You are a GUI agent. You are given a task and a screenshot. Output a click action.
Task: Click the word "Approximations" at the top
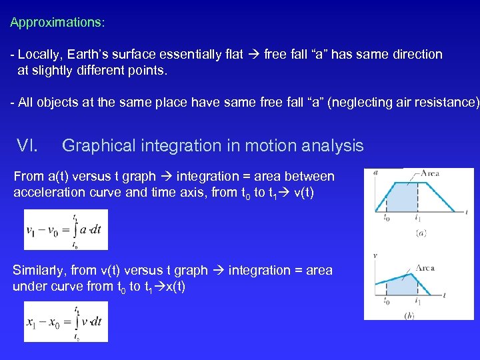pos(56,22)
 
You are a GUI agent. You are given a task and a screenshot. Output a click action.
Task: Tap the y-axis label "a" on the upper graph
pos(377,172)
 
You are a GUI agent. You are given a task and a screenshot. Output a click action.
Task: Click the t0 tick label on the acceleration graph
pos(387,217)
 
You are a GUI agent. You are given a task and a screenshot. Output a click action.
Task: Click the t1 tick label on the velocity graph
pos(418,301)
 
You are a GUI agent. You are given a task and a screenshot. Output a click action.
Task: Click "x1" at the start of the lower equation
pos(31,323)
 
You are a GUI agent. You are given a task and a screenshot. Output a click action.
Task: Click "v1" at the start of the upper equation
pos(31,231)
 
